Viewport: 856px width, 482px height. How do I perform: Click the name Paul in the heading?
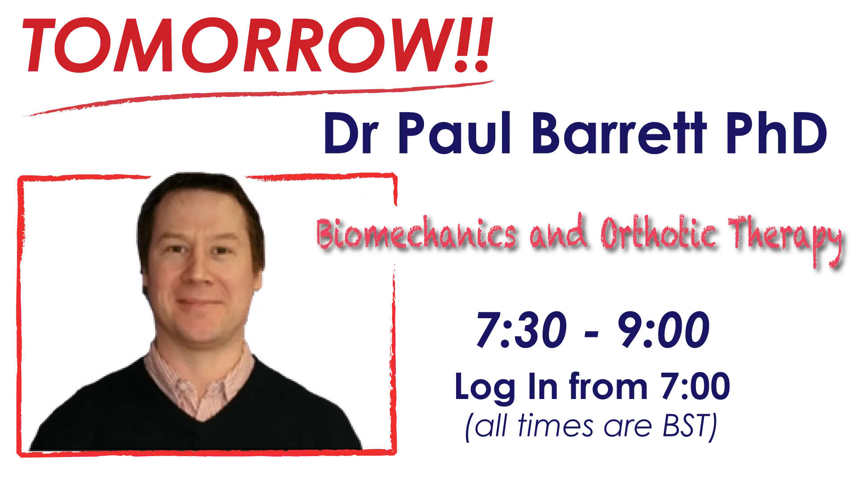[454, 133]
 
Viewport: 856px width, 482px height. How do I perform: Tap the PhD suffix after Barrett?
[777, 133]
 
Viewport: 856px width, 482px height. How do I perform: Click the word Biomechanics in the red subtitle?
[416, 233]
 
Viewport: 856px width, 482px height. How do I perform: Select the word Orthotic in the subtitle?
[659, 233]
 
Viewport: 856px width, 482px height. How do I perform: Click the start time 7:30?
[522, 330]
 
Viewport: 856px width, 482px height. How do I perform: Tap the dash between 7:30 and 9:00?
[591, 334]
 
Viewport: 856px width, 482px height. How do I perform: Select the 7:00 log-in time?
[695, 386]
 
